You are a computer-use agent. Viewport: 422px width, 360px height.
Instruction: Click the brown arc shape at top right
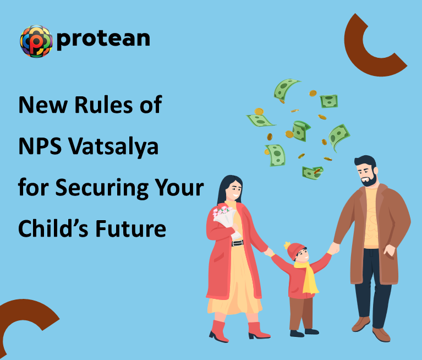point(370,47)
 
